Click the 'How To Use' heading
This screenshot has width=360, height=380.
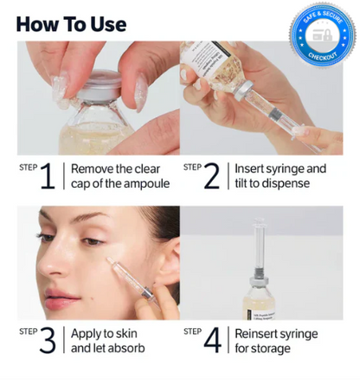pyautogui.click(x=70, y=23)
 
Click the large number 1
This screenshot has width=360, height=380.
pyautogui.click(x=48, y=176)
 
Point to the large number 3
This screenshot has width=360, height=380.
pyautogui.click(x=48, y=340)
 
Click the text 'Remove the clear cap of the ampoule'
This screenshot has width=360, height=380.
pyautogui.click(x=119, y=176)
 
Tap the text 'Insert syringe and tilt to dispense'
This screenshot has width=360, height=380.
pyautogui.click(x=280, y=176)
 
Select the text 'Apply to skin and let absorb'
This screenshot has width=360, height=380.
pyautogui.click(x=107, y=340)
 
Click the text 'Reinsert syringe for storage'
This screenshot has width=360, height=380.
pyautogui.click(x=276, y=340)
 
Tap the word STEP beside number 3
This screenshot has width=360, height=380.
pyautogui.click(x=27, y=330)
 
